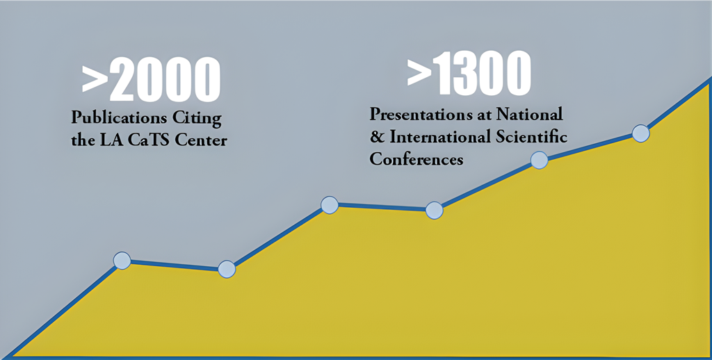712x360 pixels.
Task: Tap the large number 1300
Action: pos(481,73)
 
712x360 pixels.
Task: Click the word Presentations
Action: pos(422,114)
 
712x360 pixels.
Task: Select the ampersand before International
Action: pos(377,137)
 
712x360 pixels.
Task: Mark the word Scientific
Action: pos(529,136)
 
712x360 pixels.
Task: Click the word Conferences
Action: pos(416,159)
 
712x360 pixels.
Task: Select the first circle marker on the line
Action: pos(122,261)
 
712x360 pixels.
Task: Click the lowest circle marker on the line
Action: pos(227,269)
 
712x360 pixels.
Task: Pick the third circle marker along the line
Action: pos(330,205)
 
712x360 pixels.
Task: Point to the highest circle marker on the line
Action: pos(640,133)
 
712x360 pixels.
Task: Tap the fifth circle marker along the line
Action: pos(539,161)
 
